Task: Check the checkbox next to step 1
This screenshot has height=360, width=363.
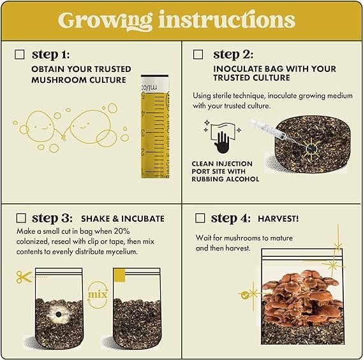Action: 19,55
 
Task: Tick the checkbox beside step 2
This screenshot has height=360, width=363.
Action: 198,55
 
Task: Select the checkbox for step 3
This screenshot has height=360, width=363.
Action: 21,218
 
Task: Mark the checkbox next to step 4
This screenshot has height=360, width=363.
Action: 200,218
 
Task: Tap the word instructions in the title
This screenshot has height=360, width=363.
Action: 227,20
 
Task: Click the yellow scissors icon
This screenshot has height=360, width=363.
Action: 24,277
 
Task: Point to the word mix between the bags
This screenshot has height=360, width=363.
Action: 98,294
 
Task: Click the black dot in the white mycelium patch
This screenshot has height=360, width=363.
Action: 58,315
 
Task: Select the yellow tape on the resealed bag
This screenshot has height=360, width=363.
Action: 120,275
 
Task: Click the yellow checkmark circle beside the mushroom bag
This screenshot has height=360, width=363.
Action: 245,295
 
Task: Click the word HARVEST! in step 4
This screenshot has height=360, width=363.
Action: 278,219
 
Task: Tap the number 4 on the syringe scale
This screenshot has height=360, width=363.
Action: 144,114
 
